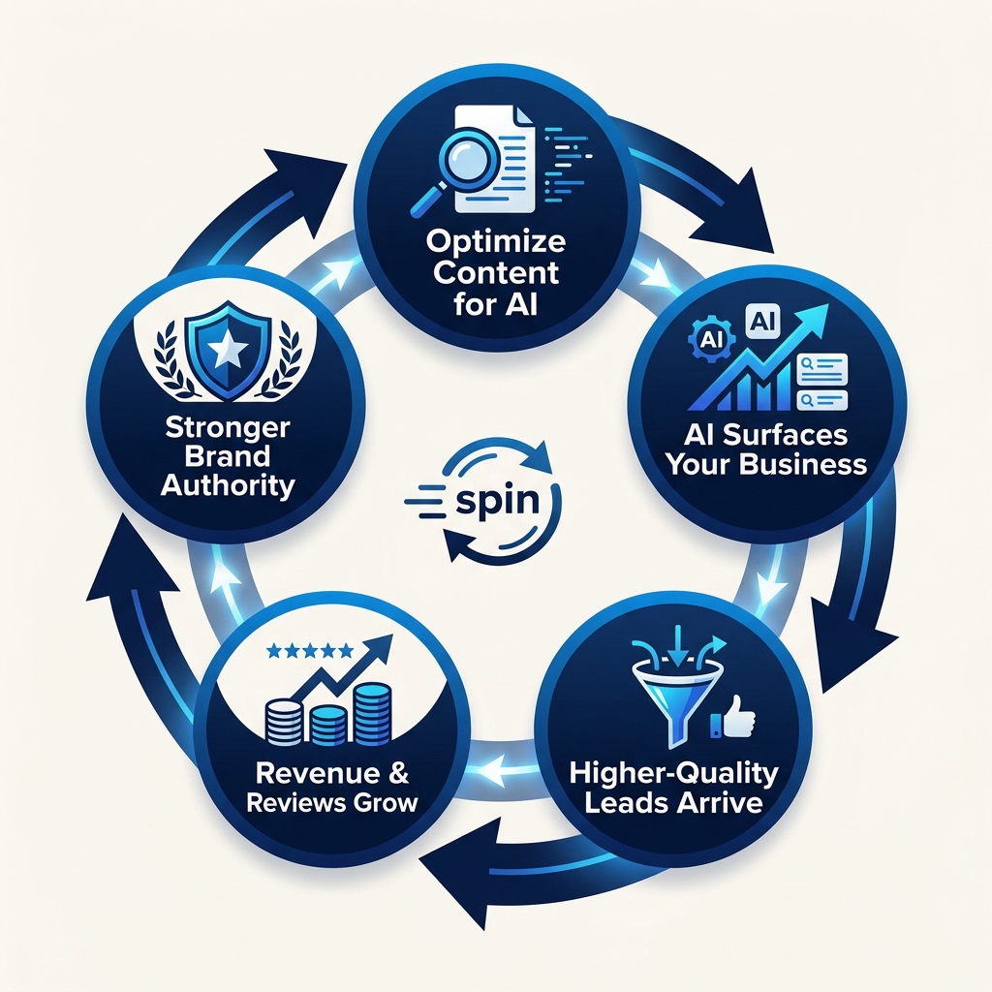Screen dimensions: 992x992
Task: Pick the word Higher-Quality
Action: coord(673,773)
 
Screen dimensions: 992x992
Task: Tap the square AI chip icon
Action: coord(759,319)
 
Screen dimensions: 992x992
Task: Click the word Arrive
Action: coord(722,803)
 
